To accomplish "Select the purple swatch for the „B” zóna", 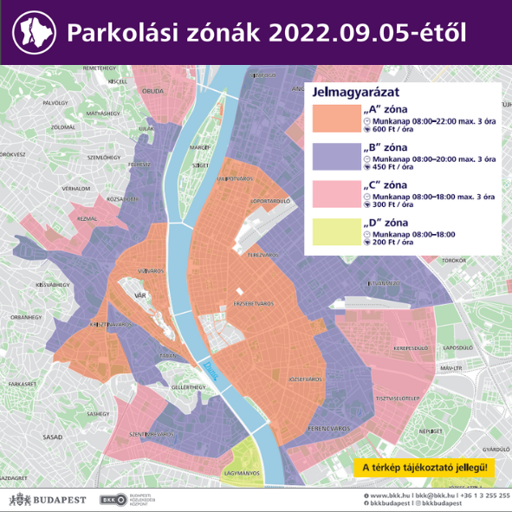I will pyautogui.click(x=335, y=155).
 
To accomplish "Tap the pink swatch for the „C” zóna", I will pyautogui.click(x=335, y=194).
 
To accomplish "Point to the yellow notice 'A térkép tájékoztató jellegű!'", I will pyautogui.click(x=424, y=468).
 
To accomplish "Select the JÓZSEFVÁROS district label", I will pyautogui.click(x=304, y=379).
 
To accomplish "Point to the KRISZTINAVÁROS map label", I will pyautogui.click(x=110, y=325).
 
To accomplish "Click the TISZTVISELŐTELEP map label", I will pyautogui.click(x=398, y=399).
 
